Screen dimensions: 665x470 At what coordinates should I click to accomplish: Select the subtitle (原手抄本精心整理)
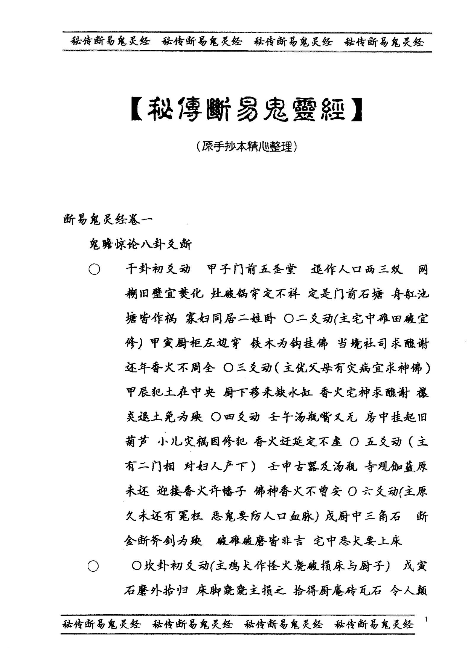point(246,146)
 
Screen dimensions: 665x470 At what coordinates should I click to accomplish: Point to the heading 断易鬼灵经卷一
point(108,220)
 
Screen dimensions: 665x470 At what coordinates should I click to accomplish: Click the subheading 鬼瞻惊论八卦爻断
point(140,244)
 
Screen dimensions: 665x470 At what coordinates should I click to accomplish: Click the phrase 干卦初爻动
point(158,269)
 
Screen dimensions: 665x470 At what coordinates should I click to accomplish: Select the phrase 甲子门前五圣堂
point(252,269)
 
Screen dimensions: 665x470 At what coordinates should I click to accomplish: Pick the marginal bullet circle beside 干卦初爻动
point(94,270)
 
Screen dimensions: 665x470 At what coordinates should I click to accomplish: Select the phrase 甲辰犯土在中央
point(171,393)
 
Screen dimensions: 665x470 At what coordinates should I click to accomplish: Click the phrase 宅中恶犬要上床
point(357,541)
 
